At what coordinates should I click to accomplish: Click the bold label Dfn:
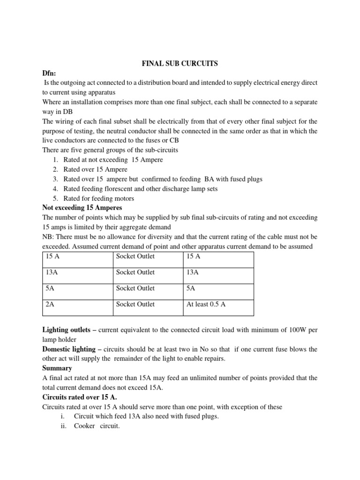click(x=51, y=74)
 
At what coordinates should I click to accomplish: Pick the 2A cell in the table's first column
click(x=50, y=304)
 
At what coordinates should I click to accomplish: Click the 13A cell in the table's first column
click(x=52, y=272)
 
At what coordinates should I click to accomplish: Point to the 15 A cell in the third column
click(x=193, y=256)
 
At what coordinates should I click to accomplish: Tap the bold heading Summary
click(x=57, y=368)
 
